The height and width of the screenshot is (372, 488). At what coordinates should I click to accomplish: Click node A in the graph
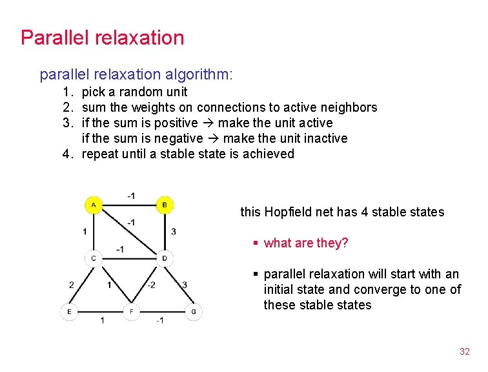tap(94, 206)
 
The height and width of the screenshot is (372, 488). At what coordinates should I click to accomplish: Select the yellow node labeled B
tap(165, 206)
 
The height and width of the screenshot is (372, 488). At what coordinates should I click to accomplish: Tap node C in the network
tap(94, 258)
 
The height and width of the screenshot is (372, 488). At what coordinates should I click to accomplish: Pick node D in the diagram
tap(165, 258)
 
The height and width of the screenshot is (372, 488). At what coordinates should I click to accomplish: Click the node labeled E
tap(69, 312)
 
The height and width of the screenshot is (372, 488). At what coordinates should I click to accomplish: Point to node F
tap(131, 312)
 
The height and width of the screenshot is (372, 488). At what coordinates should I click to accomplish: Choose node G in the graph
tap(193, 312)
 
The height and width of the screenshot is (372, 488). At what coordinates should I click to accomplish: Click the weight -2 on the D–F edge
tap(150, 285)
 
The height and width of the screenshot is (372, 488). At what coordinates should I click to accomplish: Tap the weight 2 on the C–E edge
tap(72, 285)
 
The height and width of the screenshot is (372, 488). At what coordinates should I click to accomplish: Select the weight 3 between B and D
tap(174, 231)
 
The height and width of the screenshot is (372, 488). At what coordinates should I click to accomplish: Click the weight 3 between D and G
tap(185, 285)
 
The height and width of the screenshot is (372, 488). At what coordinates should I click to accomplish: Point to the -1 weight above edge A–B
tap(130, 195)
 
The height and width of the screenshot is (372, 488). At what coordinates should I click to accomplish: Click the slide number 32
tap(464, 351)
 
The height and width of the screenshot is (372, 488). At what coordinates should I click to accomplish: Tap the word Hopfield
tap(287, 212)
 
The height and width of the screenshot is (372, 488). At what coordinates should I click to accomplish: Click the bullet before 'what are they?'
tap(256, 243)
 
